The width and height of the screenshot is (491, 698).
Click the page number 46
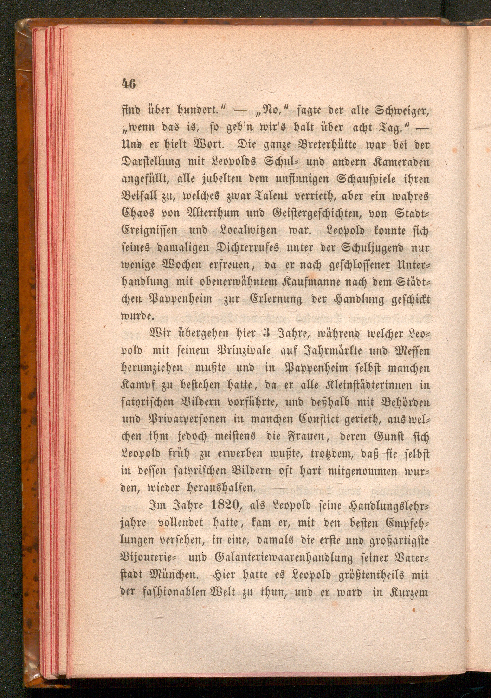(x=129, y=83)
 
